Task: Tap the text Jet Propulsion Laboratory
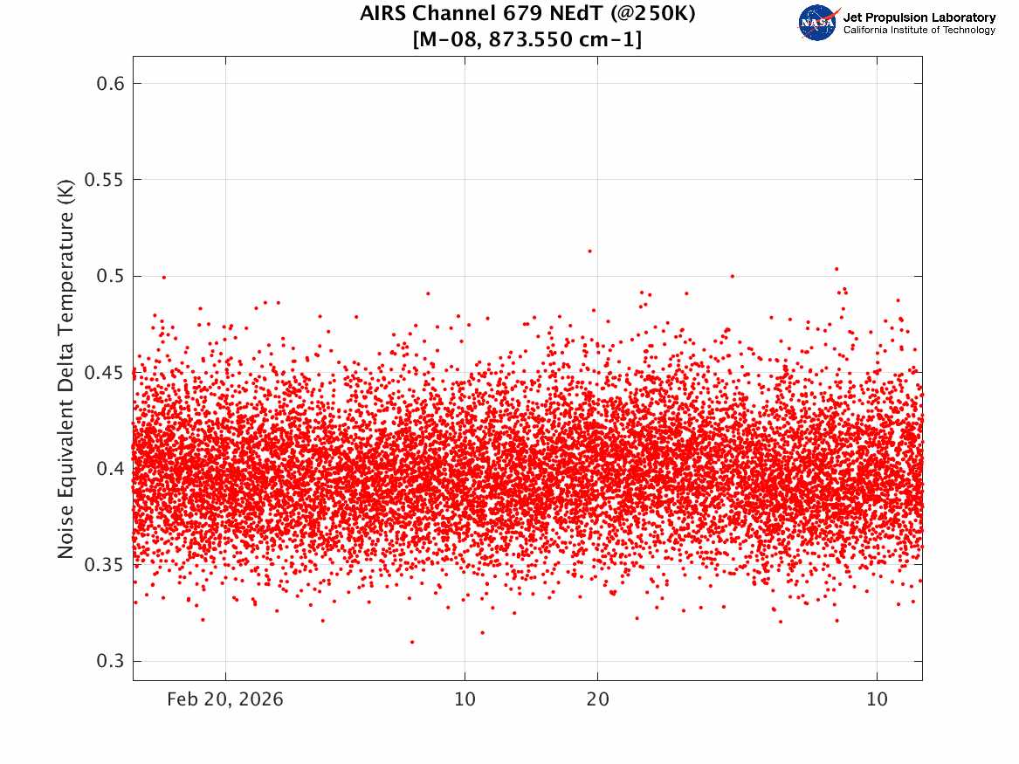[x=919, y=17]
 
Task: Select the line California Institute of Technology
[x=919, y=30]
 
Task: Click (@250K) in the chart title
[x=653, y=14]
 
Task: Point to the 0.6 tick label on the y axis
[x=111, y=83]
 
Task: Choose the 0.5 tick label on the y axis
[x=111, y=276]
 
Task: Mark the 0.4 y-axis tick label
[x=111, y=468]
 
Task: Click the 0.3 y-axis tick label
[x=111, y=661]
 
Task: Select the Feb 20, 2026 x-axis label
[x=225, y=699]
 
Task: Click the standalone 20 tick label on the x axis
[x=598, y=699]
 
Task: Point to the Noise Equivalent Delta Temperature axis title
[x=65, y=368]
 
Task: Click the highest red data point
[x=589, y=251]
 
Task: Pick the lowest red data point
[x=412, y=642]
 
